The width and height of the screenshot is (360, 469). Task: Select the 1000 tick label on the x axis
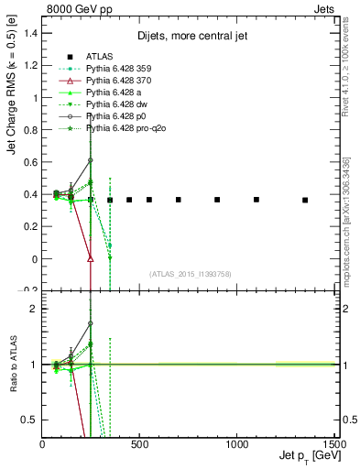point(238,445)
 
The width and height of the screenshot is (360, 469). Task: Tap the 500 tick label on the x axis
point(140,445)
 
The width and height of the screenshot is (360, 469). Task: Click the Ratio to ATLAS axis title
point(11,366)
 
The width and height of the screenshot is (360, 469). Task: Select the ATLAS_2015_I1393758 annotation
point(191,273)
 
